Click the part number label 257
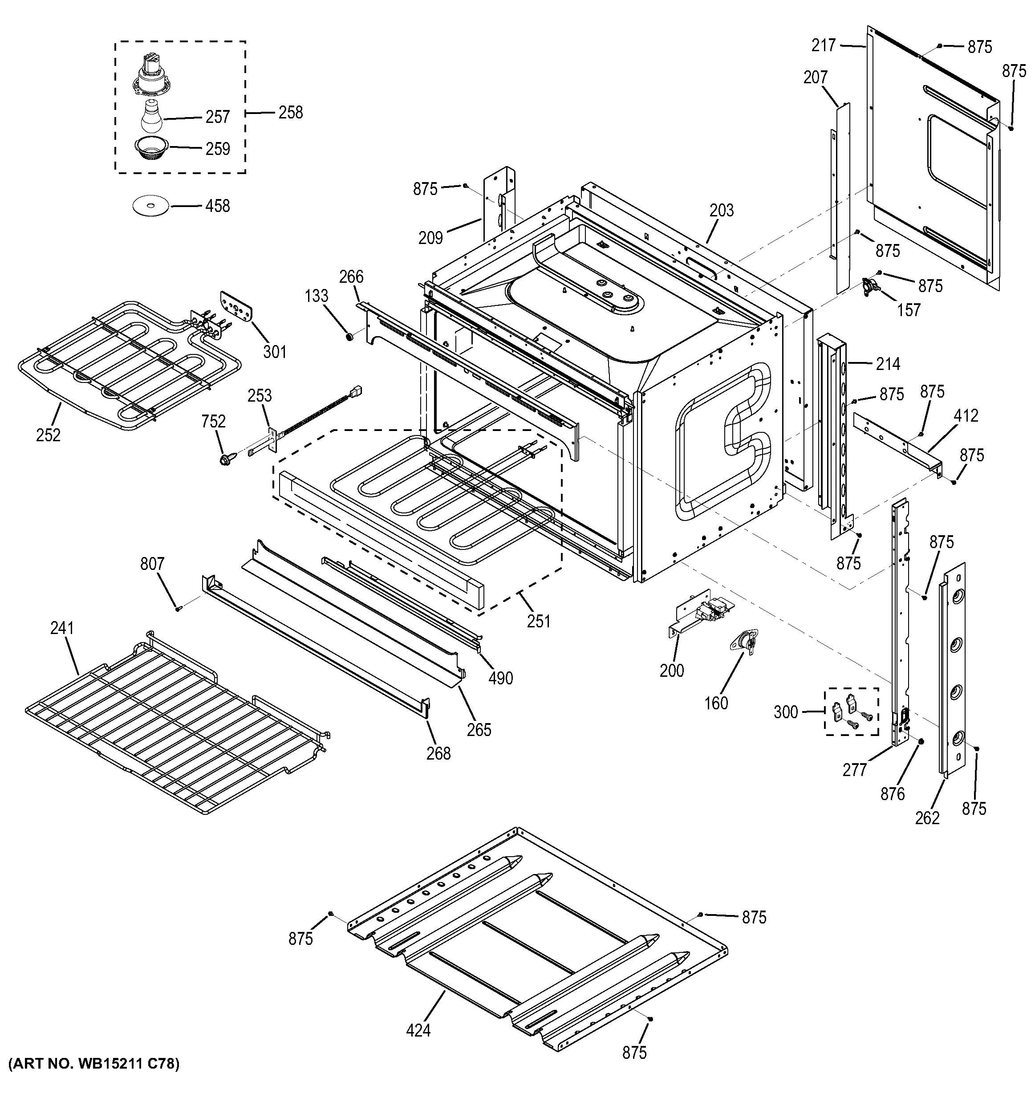coord(217,117)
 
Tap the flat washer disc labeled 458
coord(150,206)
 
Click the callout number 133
coord(317,296)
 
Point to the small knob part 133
coord(349,336)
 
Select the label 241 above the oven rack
coord(61,628)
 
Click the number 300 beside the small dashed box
coord(785,712)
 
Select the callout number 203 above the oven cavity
coord(722,211)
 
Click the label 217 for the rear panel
coord(824,45)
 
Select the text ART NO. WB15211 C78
coord(93,1079)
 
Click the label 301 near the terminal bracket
coord(274,351)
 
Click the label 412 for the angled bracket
coord(966,415)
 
